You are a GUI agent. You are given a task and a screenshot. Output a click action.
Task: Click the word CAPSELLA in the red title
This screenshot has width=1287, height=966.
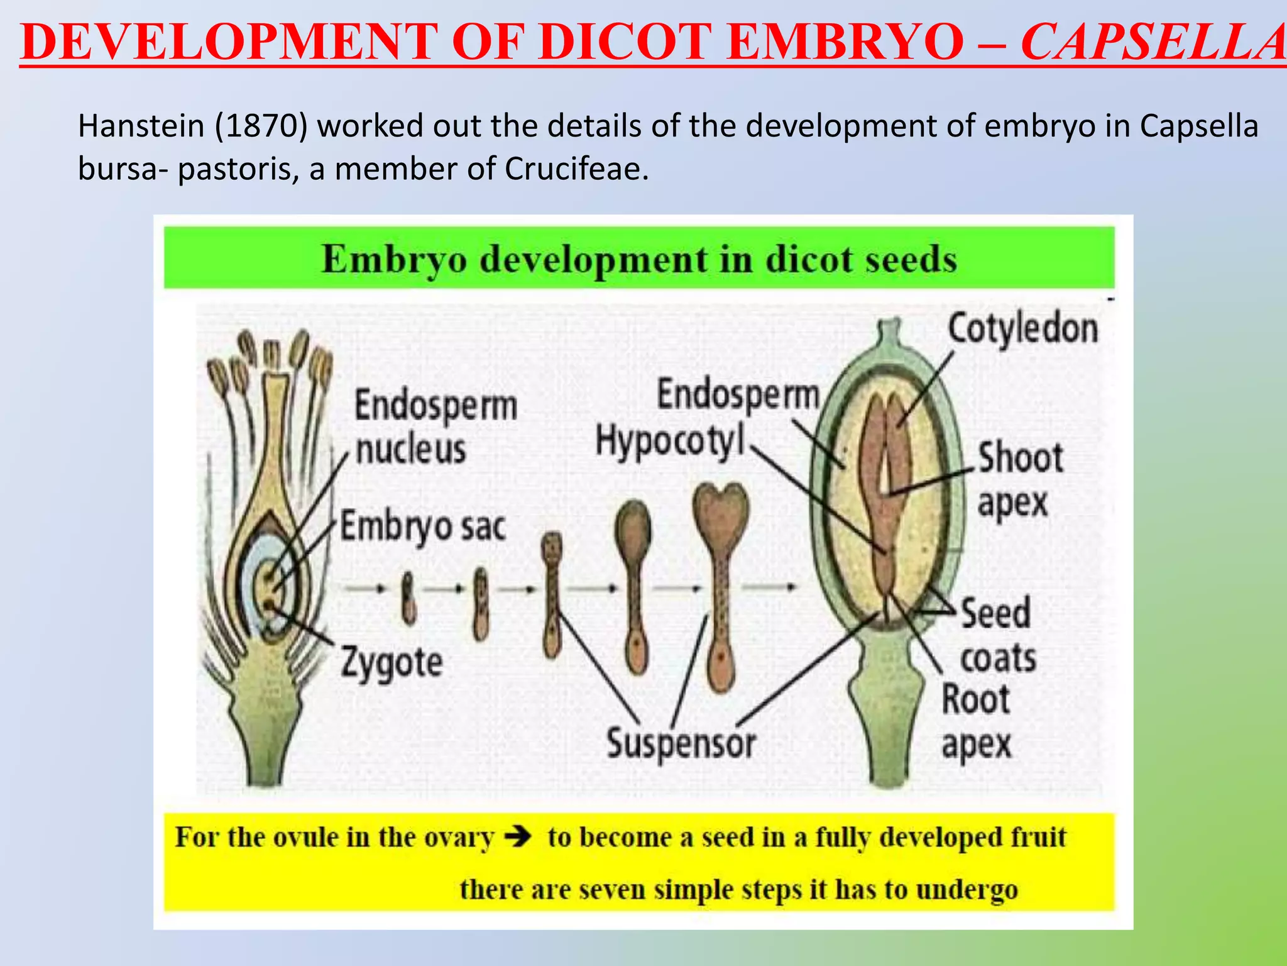[x=1153, y=42]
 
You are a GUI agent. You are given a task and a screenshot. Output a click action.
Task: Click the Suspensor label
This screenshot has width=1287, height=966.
[x=681, y=743]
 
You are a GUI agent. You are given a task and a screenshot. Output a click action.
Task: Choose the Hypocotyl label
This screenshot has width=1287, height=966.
[x=669, y=441]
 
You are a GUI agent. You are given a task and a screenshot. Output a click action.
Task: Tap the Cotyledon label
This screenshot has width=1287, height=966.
[x=1022, y=328]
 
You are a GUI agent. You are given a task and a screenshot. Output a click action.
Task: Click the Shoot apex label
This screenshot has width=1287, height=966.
[x=1019, y=479]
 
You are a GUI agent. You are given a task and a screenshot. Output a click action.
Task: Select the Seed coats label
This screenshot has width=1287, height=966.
[x=997, y=635]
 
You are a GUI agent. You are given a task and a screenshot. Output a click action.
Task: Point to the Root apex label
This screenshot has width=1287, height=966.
[x=976, y=722]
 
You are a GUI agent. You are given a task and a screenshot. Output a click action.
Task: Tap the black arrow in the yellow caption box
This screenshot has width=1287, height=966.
[x=519, y=837]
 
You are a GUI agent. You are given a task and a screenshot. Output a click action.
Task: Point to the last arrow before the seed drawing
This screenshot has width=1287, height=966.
[x=769, y=587]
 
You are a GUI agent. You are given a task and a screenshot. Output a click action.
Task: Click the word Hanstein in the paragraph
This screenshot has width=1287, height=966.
[x=141, y=126]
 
